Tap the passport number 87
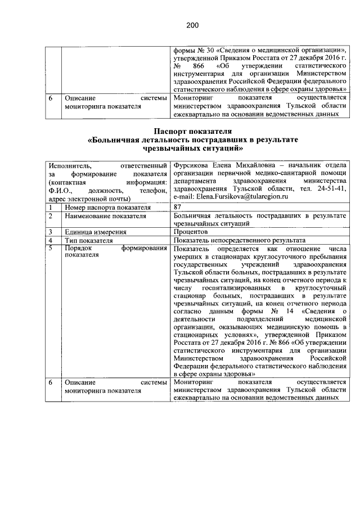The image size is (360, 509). pos(178,208)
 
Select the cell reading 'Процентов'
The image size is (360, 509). pos(191,231)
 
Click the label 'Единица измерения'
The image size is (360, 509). pos(95,231)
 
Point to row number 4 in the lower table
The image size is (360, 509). pos(51,240)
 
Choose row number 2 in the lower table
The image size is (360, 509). pos(51,215)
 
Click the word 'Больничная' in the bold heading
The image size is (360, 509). pos(116,139)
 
